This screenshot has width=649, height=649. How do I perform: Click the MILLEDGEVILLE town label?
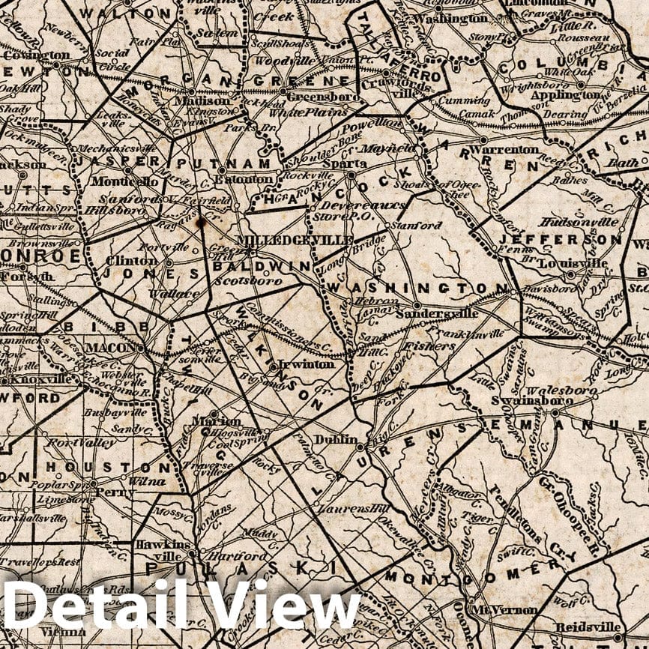coord(295,239)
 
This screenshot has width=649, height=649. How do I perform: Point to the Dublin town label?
coord(335,439)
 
